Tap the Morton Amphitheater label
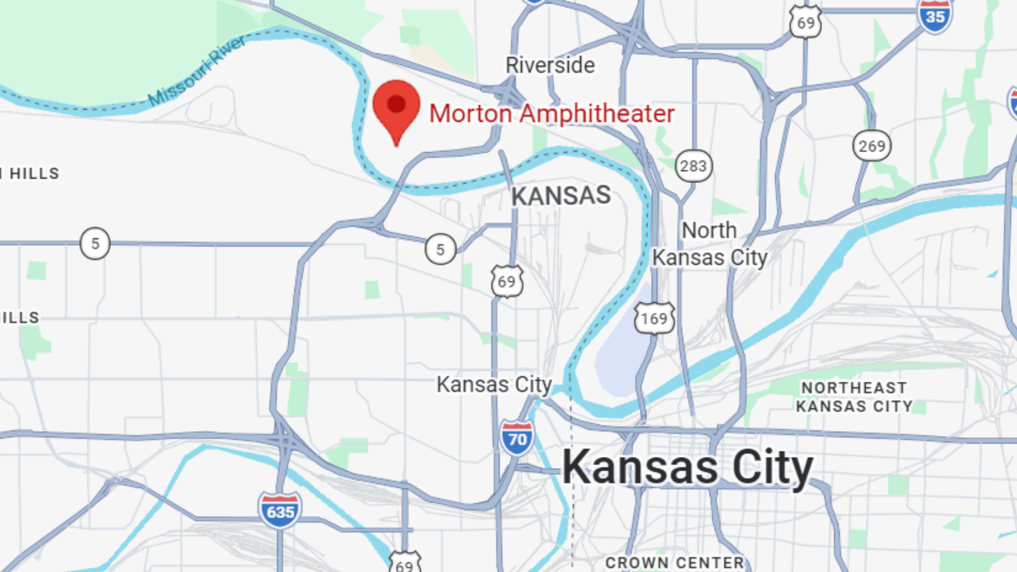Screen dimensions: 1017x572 pyautogui.click(x=551, y=114)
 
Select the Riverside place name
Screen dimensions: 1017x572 pyautogui.click(x=550, y=66)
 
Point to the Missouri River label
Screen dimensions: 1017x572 pyautogui.click(x=197, y=70)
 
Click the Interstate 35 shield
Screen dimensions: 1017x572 pyautogui.click(x=935, y=15)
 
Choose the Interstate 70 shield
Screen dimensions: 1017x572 pyautogui.click(x=517, y=439)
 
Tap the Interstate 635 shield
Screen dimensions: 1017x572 pyautogui.click(x=279, y=510)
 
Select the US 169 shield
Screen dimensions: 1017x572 pyautogui.click(x=655, y=318)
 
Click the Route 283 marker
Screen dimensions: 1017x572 pyautogui.click(x=693, y=166)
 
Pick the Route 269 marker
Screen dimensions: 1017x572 pyautogui.click(x=871, y=146)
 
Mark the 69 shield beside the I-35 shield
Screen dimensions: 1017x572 pyautogui.click(x=805, y=22)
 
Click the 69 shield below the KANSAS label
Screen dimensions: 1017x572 pyautogui.click(x=507, y=281)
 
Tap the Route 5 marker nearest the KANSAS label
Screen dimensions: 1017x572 pyautogui.click(x=440, y=249)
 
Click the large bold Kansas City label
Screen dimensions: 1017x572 pyautogui.click(x=687, y=467)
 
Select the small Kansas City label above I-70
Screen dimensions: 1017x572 pyautogui.click(x=493, y=384)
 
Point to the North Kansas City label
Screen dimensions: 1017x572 pyautogui.click(x=709, y=244)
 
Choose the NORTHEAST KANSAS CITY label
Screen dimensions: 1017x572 pyautogui.click(x=854, y=397)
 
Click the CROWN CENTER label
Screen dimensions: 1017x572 pyautogui.click(x=674, y=563)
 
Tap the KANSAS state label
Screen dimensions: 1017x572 pyautogui.click(x=561, y=196)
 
